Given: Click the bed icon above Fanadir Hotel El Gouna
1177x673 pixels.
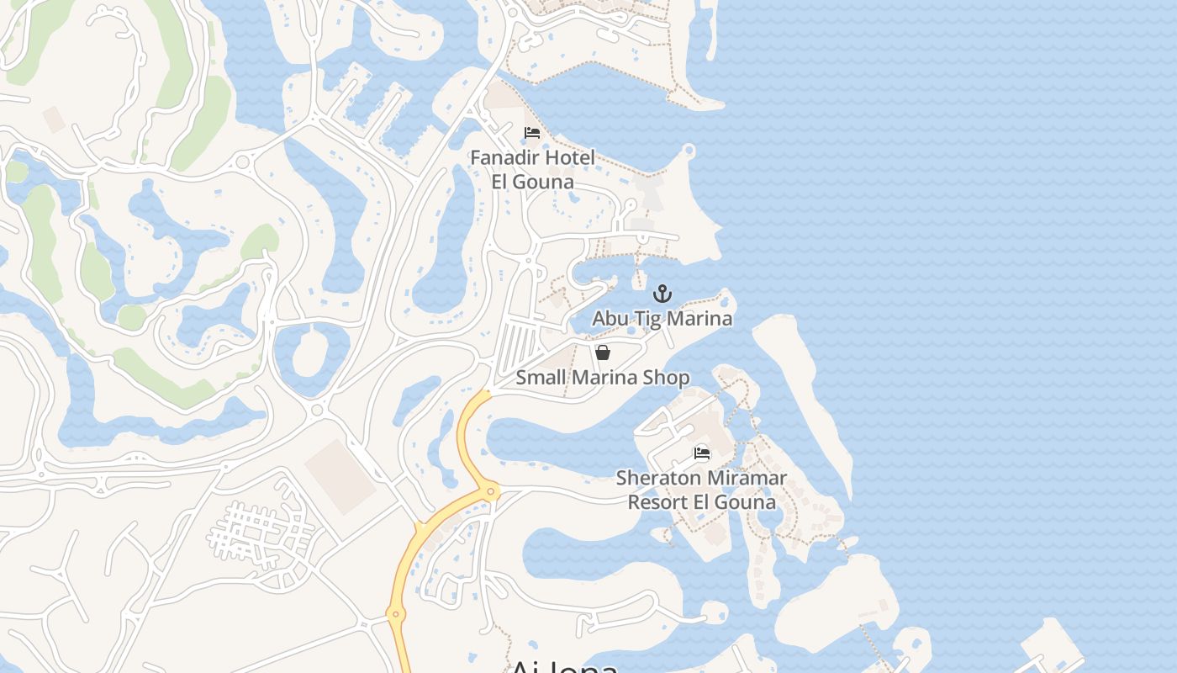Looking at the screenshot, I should (x=531, y=133).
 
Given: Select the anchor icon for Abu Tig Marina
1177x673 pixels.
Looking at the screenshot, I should (x=662, y=294).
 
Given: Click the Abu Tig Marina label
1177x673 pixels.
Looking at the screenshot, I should (x=662, y=318).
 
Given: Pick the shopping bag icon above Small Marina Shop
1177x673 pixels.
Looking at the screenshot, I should (x=602, y=352).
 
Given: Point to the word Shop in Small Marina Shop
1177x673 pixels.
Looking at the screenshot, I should (x=666, y=378).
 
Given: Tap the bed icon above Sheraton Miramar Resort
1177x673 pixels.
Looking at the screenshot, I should (x=702, y=453).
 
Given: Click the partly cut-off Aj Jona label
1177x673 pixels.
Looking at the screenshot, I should (x=564, y=665).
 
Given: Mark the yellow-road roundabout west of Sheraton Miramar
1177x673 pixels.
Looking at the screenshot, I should (x=491, y=491).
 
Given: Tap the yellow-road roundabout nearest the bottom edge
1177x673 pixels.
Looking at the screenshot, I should (x=395, y=614).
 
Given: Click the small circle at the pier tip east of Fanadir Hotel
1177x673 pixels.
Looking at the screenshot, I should (x=689, y=151).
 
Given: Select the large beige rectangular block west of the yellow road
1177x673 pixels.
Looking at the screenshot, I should (x=340, y=475).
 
